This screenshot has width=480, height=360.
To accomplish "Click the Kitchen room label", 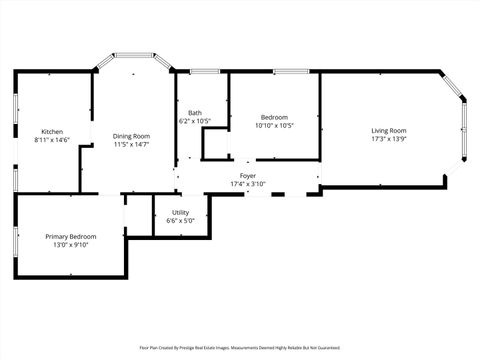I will click(x=52, y=132).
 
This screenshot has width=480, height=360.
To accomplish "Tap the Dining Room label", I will click(x=131, y=136).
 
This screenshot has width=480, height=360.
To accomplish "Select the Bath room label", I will click(x=194, y=113).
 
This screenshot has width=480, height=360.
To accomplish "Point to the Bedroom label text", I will click(x=274, y=117).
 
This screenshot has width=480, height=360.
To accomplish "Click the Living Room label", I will click(x=388, y=131).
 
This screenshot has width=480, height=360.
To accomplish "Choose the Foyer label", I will click(x=248, y=176).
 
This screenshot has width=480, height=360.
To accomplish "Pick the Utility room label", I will click(x=180, y=212).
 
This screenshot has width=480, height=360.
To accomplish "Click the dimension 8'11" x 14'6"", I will click(x=52, y=141).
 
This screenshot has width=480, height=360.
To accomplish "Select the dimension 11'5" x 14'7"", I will click(x=131, y=144).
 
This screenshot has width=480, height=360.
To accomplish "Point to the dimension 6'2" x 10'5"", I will click(x=194, y=121).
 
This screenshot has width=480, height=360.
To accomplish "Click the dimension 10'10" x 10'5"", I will click(x=274, y=125).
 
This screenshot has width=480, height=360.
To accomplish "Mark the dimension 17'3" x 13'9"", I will click(x=388, y=139).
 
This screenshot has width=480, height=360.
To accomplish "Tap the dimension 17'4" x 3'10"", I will click(x=248, y=184).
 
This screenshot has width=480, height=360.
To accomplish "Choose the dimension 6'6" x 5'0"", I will click(x=180, y=220).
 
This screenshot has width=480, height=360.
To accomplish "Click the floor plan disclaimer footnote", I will click(x=240, y=348).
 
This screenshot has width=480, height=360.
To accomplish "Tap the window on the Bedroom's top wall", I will click(x=290, y=71).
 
